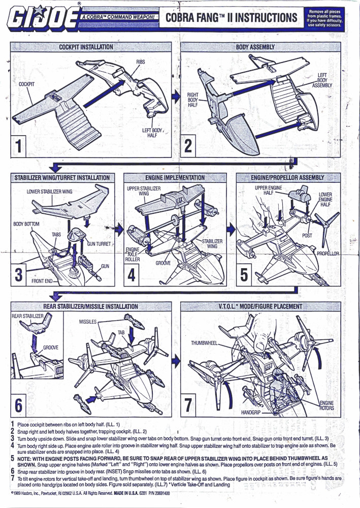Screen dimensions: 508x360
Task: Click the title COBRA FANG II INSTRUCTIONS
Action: pyautogui.click(x=231, y=18)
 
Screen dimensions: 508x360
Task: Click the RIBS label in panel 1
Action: pyautogui.click(x=141, y=61)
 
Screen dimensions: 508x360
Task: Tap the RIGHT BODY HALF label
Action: pyautogui.click(x=193, y=100)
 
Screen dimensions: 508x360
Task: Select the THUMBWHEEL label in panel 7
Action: pyautogui.click(x=204, y=343)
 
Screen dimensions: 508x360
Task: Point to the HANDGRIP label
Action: pyautogui.click(x=251, y=413)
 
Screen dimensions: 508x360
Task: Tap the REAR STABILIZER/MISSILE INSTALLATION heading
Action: pyautogui.click(x=90, y=306)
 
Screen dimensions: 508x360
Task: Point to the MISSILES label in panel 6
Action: pyautogui.click(x=88, y=322)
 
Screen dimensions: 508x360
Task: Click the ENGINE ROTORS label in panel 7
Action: pyautogui.click(x=326, y=405)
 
